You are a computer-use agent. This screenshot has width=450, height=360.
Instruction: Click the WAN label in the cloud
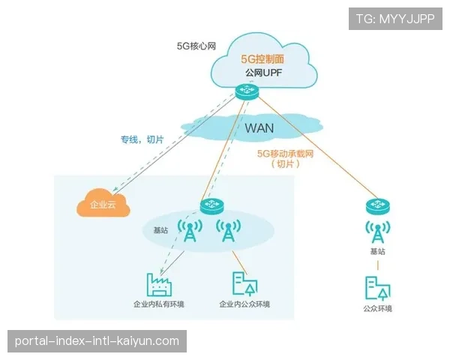(259, 127)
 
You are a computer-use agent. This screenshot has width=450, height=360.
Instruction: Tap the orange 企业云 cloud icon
(103, 204)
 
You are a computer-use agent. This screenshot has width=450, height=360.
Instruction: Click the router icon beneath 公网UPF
(245, 91)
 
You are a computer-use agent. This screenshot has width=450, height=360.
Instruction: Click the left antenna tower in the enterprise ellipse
(190, 231)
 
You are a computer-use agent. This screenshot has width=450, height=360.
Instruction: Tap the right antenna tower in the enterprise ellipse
(228, 231)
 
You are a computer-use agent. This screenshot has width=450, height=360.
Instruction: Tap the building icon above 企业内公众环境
(244, 283)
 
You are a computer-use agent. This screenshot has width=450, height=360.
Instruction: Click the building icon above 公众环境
(376, 288)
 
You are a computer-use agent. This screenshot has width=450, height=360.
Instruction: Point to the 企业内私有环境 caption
(158, 304)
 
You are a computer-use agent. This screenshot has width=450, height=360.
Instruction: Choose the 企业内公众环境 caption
(244, 304)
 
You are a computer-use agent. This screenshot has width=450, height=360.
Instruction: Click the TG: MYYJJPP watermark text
(394, 19)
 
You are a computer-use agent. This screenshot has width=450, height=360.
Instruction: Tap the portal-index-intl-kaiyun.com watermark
(97, 341)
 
